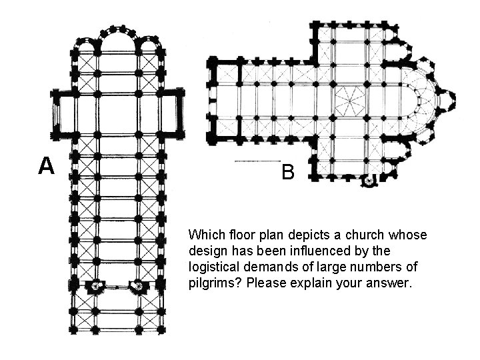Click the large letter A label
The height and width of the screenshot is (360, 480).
[x=45, y=165]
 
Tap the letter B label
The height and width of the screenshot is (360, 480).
[x=287, y=173]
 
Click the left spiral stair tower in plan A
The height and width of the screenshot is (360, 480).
[x=96, y=286]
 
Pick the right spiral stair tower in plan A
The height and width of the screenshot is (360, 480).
[x=139, y=286]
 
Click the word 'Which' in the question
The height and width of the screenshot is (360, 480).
[x=204, y=235]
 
